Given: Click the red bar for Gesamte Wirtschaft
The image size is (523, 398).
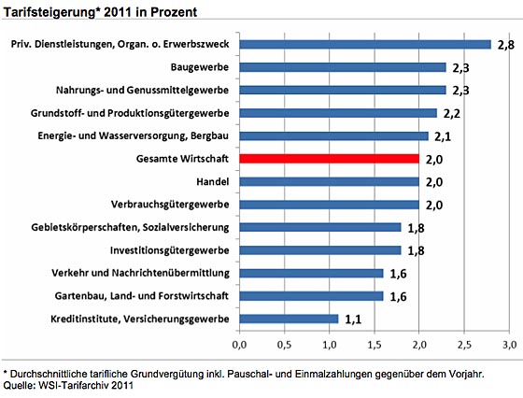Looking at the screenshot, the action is (x=329, y=159).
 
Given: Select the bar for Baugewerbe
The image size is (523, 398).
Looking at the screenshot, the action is (x=343, y=67).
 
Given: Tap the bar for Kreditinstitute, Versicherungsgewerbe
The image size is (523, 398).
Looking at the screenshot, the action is (x=289, y=319).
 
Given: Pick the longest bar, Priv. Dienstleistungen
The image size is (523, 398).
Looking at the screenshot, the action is (x=365, y=44).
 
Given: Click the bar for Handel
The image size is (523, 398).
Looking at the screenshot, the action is (x=329, y=182).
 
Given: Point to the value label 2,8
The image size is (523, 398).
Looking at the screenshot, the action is (x=506, y=45).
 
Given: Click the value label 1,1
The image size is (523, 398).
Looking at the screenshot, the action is (x=353, y=320).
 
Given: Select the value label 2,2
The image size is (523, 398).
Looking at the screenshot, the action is (x=452, y=114).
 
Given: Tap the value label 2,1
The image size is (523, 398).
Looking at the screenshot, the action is (x=443, y=136).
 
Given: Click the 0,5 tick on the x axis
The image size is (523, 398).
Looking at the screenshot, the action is (x=284, y=345).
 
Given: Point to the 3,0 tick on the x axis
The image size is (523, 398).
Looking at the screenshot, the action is (x=509, y=345).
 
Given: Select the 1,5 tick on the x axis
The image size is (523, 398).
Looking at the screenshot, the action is (x=375, y=345).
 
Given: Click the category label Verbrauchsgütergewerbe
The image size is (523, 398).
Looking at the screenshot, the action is (x=170, y=205).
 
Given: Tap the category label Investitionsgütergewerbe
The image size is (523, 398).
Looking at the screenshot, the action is (x=170, y=250).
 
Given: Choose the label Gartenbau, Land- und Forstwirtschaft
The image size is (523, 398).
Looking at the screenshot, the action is (x=142, y=296).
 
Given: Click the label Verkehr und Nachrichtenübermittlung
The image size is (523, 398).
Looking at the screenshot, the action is (x=140, y=273).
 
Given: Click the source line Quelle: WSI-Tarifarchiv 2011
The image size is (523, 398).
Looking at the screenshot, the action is (x=68, y=386).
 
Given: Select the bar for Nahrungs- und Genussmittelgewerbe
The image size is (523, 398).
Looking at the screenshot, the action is (x=343, y=90).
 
